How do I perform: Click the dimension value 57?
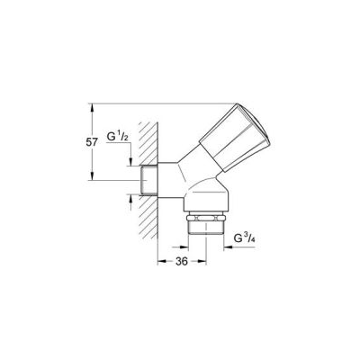coord(92,142)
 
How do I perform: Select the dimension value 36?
coord(182,261)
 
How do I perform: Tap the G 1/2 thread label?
coord(118,137)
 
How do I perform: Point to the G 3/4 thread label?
coord(244,238)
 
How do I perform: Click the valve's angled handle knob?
coord(236,138)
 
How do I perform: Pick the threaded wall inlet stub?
coord(148,180)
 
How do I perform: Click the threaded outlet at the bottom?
coord(205,228)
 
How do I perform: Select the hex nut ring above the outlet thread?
coord(205,218)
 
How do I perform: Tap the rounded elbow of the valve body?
coord(207,196)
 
